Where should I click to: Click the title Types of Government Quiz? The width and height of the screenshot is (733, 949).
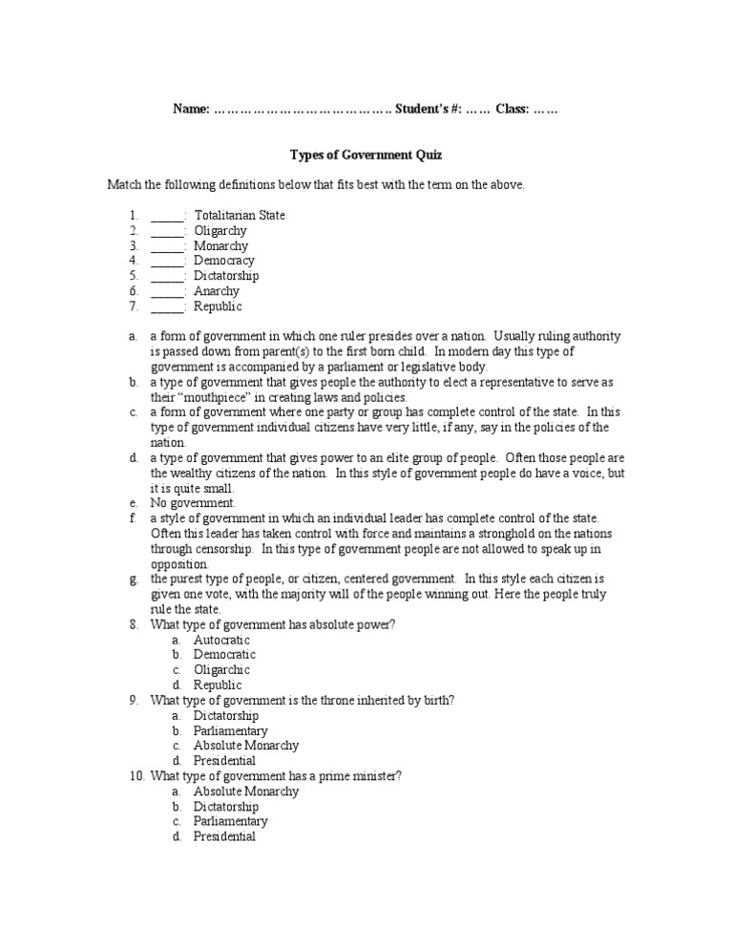pyautogui.click(x=366, y=154)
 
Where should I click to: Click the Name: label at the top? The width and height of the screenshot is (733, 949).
pyautogui.click(x=191, y=109)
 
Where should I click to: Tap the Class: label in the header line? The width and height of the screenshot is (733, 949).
pyautogui.click(x=512, y=109)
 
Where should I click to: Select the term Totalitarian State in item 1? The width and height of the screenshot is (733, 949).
pyautogui.click(x=239, y=215)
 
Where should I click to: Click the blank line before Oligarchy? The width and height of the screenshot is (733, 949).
pyautogui.click(x=167, y=231)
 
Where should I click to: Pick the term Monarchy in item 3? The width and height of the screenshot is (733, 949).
pyautogui.click(x=220, y=245)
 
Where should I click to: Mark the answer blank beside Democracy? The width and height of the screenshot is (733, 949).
pyautogui.click(x=167, y=262)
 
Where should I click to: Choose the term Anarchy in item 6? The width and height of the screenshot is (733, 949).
pyautogui.click(x=217, y=291)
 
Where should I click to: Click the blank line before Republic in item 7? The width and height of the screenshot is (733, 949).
pyautogui.click(x=167, y=307)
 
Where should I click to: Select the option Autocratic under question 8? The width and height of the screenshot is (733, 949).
pyautogui.click(x=221, y=640)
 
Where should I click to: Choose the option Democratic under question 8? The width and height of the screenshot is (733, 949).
pyautogui.click(x=224, y=655)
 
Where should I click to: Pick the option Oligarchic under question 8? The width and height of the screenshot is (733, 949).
pyautogui.click(x=222, y=670)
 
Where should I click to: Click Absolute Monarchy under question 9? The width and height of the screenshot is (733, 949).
pyautogui.click(x=245, y=746)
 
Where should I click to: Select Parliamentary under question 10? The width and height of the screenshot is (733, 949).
pyautogui.click(x=230, y=821)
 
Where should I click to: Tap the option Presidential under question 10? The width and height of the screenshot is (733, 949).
pyautogui.click(x=224, y=836)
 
